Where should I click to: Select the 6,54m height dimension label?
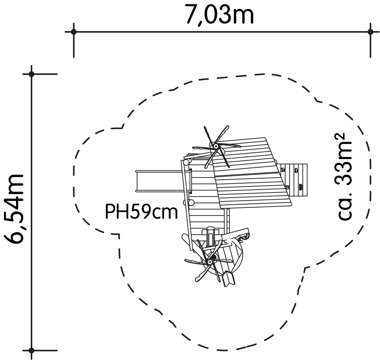14,208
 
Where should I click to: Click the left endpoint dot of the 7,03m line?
74,32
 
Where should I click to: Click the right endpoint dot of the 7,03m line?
370,32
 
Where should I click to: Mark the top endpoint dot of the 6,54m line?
31,74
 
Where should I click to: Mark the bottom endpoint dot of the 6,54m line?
31,350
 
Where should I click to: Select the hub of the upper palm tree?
215,146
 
